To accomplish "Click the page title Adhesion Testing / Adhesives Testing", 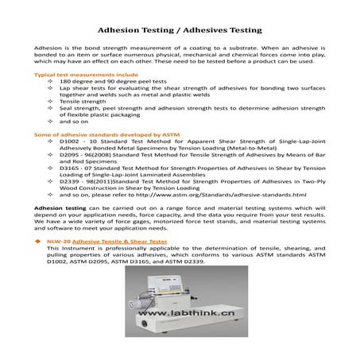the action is point(180,30).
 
